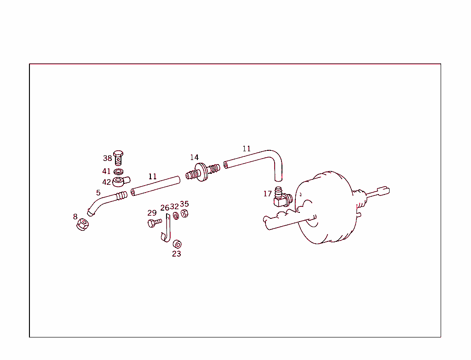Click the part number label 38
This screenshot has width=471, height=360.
pos(107,158)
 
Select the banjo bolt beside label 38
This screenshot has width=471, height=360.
pos(119,157)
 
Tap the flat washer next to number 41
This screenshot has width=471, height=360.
pos(118,172)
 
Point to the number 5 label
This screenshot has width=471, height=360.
pos(98,193)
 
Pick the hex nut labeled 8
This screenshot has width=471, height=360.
pos(82,225)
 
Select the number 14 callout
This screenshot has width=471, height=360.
pos(195,158)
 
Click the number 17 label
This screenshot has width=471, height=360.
pos(267,194)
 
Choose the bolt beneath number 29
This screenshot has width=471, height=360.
pos(154,223)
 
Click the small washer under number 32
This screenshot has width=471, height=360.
pos(176,216)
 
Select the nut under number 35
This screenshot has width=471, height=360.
pos(184,213)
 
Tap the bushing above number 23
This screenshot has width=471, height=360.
pos(177,244)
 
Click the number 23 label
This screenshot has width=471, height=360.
pos(177,253)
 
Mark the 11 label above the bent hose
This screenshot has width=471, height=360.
pos(247,149)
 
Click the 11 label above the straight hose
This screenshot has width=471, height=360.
pos(153,176)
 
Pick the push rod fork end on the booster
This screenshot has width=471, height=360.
pos(383,191)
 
